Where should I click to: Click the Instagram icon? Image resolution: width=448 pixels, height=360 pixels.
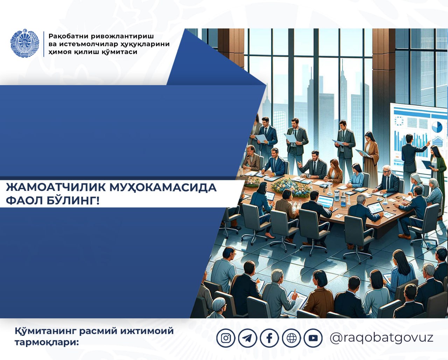click(226, 338)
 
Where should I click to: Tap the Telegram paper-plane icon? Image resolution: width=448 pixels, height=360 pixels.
click(247, 338)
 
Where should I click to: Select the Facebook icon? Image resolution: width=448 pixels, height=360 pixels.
click(269, 338)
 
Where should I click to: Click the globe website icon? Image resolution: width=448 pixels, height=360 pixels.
click(292, 338)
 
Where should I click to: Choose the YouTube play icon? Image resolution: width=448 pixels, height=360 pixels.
click(313, 338)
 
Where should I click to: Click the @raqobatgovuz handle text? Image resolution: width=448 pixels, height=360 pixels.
click(381, 338)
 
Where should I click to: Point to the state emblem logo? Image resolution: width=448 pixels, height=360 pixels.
click(25, 43)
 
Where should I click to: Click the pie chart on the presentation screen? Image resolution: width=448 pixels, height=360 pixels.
click(437, 127)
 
